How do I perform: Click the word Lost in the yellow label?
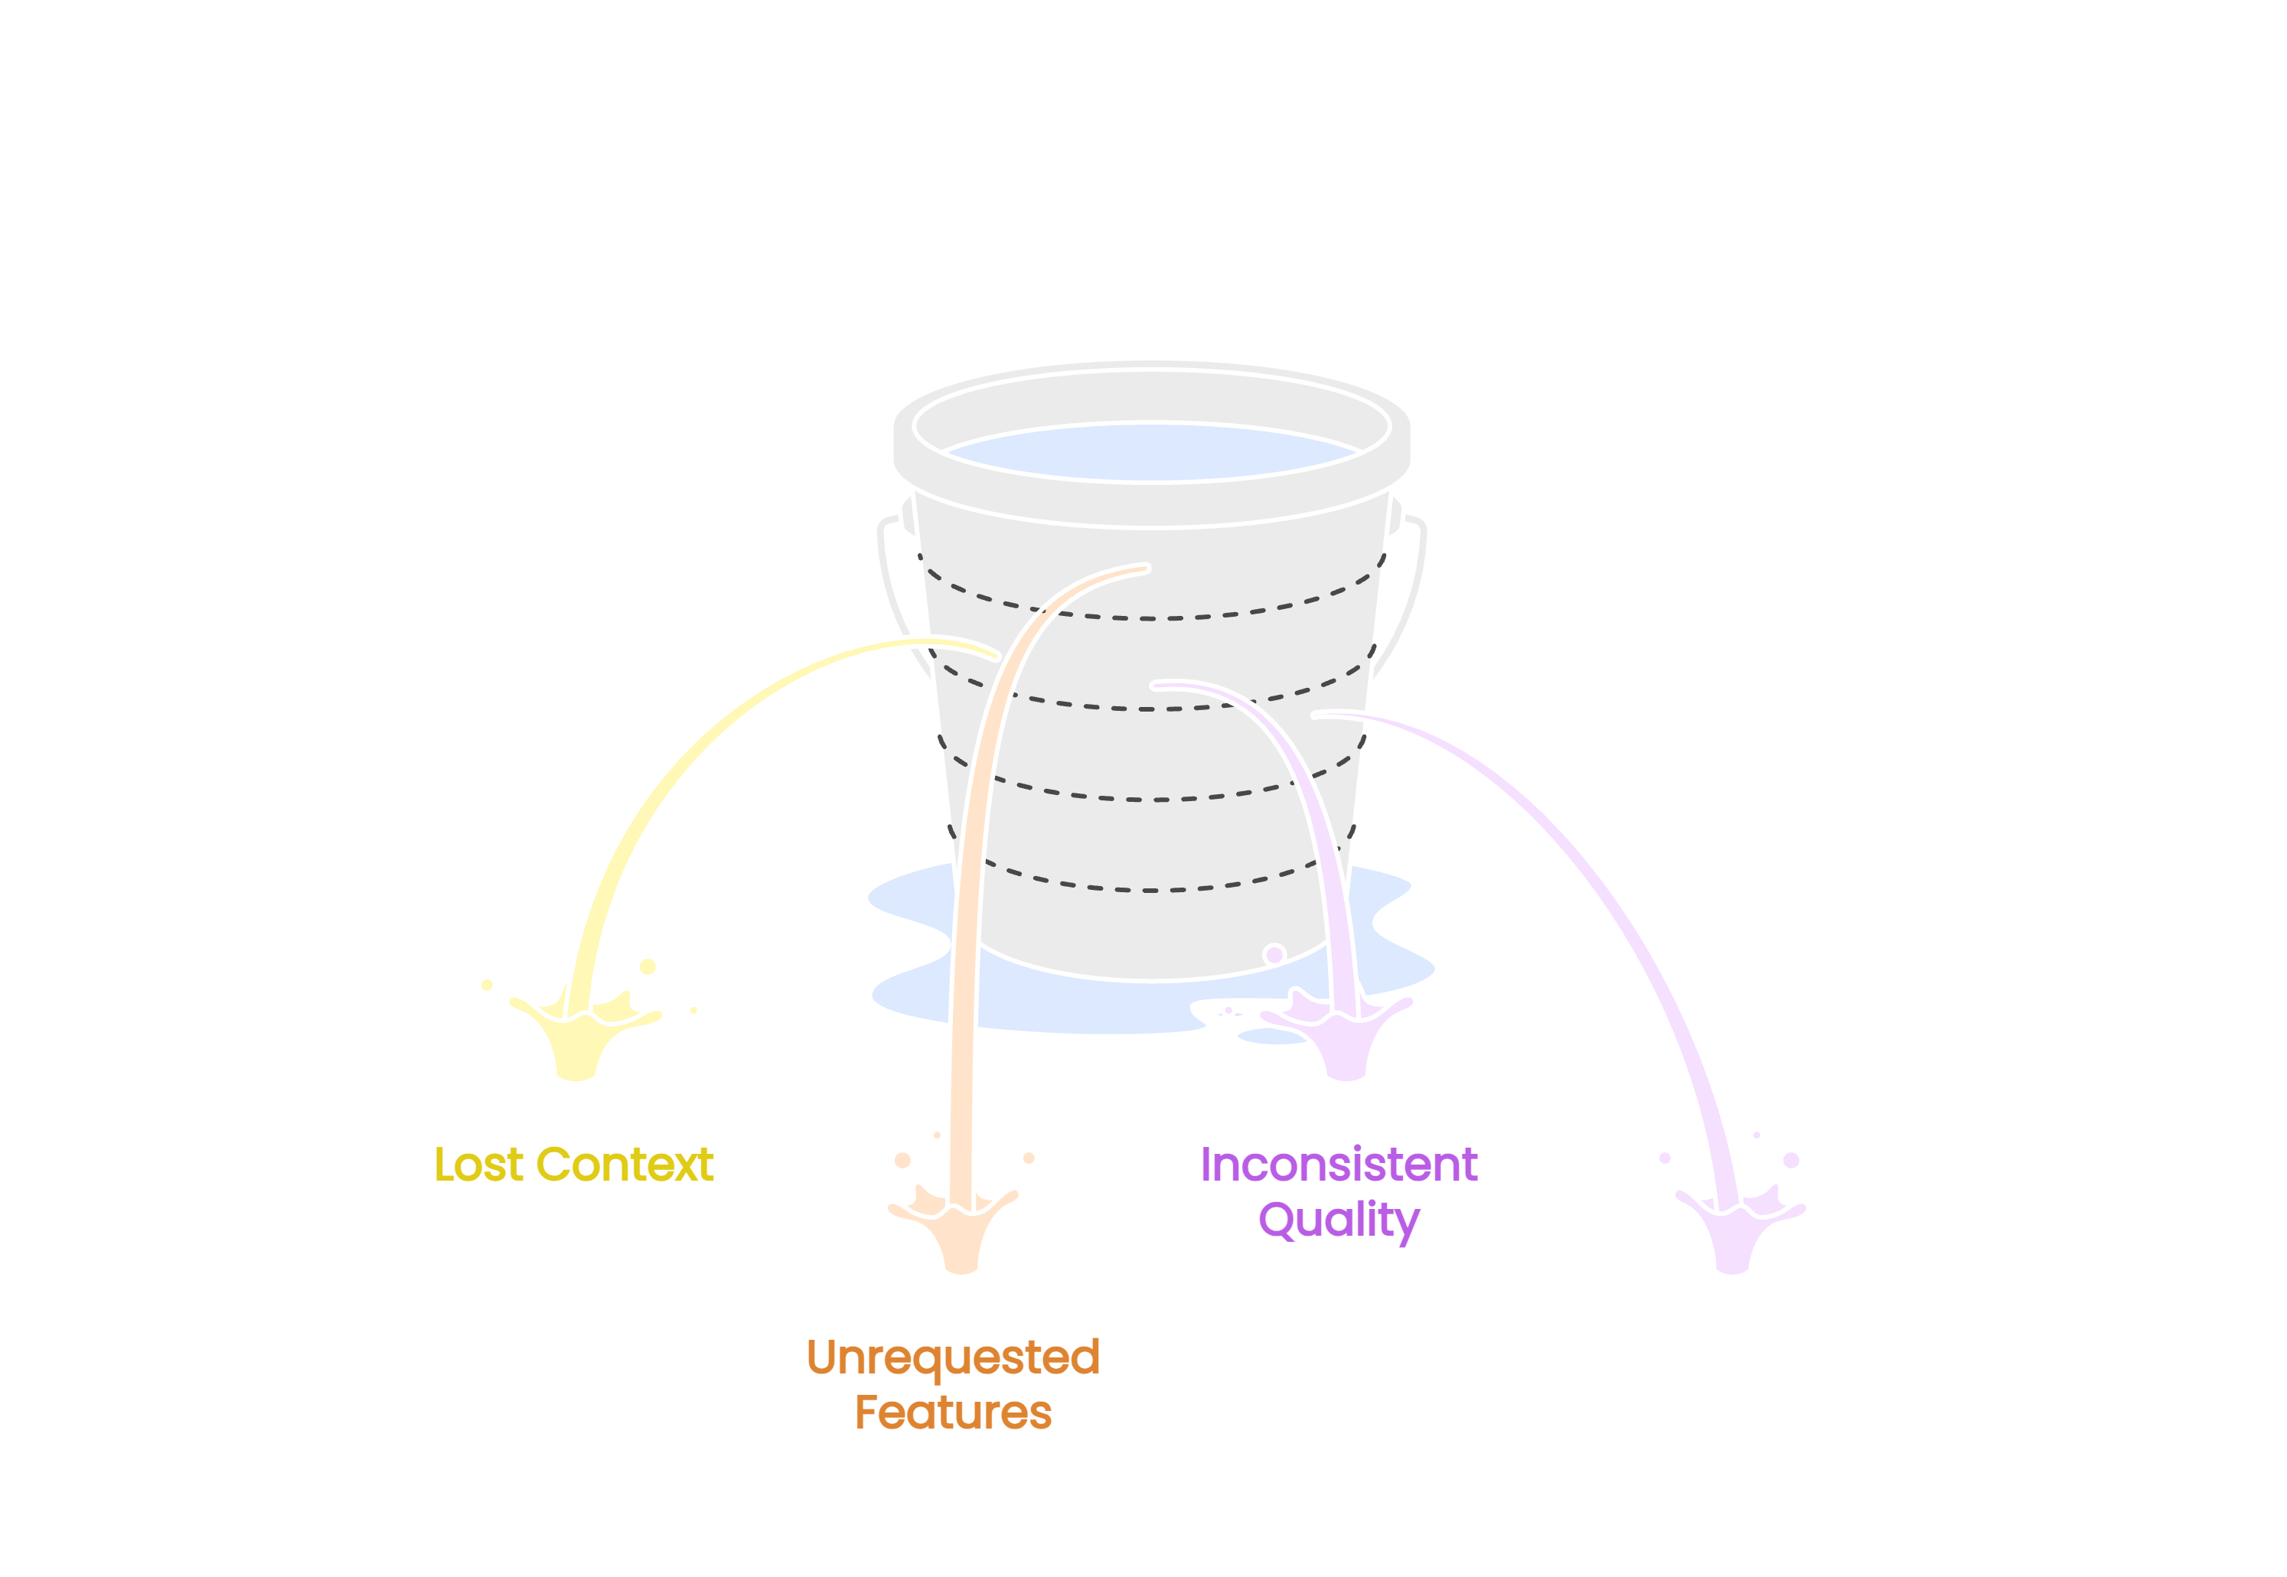[x=478, y=1165]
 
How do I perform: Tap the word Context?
[x=624, y=1165]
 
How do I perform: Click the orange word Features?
[x=953, y=1413]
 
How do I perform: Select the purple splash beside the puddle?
[x=1344, y=1038]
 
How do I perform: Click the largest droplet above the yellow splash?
[x=648, y=966]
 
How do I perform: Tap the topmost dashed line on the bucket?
[x=1151, y=618]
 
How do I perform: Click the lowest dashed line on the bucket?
[x=1151, y=889]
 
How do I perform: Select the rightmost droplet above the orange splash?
[x=1029, y=1158]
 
